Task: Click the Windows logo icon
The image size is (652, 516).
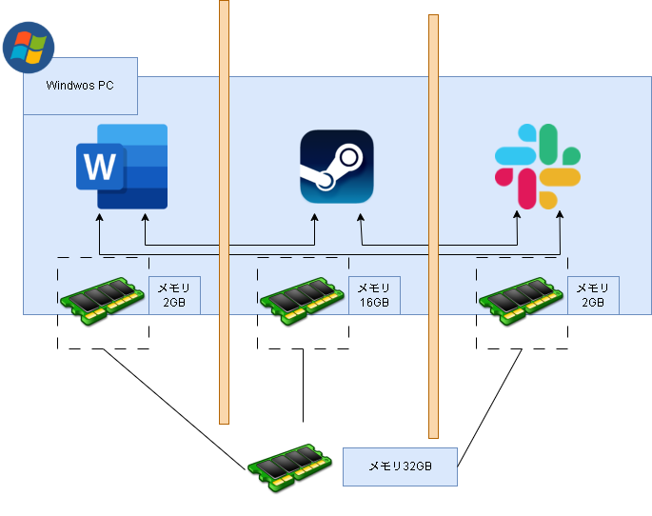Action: [29, 47]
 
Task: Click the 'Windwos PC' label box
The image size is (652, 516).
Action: [80, 86]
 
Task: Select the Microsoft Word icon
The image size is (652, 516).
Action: [122, 167]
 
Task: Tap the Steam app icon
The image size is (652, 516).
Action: [337, 167]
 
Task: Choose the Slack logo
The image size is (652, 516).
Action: [538, 167]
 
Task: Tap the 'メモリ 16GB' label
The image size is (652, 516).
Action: [374, 295]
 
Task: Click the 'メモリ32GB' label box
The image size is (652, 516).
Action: [400, 466]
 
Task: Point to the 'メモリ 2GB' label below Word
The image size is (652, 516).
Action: [173, 295]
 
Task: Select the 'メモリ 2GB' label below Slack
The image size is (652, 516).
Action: [593, 295]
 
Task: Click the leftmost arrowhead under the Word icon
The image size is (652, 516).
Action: [100, 218]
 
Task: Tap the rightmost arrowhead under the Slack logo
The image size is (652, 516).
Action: [559, 218]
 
